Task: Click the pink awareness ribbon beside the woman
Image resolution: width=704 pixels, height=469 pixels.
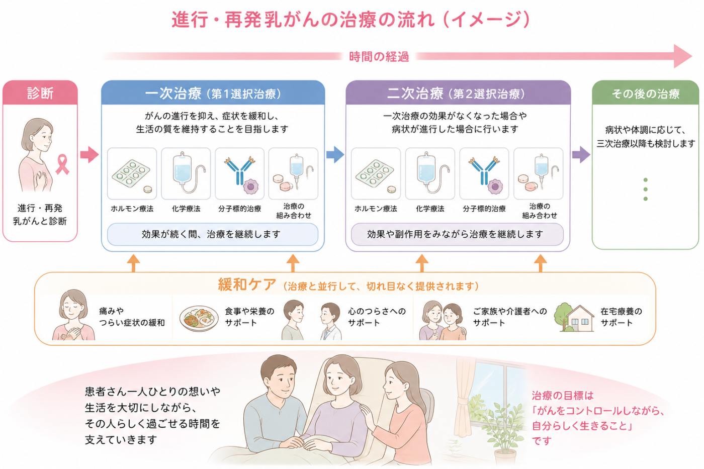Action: (x=62, y=164)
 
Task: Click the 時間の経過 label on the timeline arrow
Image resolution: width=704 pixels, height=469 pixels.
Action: (x=379, y=57)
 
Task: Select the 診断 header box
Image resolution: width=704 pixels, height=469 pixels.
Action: (x=40, y=92)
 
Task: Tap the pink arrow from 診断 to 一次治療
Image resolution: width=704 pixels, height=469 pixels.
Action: (x=90, y=154)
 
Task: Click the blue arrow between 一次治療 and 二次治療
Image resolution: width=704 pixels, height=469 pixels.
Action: (x=335, y=154)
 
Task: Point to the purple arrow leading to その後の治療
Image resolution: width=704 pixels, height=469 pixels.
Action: (x=581, y=154)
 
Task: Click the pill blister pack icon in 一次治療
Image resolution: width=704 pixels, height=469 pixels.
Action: (x=132, y=174)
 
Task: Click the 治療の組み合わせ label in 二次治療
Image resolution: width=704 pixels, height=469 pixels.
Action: (x=540, y=211)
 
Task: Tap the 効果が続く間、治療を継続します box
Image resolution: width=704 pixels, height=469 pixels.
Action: (x=213, y=234)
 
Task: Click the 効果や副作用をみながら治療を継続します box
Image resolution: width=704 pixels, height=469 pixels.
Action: (x=457, y=234)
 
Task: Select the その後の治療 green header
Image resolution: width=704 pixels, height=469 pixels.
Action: (x=646, y=93)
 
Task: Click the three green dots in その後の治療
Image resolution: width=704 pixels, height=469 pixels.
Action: (x=646, y=189)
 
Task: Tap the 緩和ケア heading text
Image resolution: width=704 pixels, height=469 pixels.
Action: (x=247, y=285)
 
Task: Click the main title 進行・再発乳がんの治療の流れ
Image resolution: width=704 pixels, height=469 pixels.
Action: (x=303, y=20)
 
